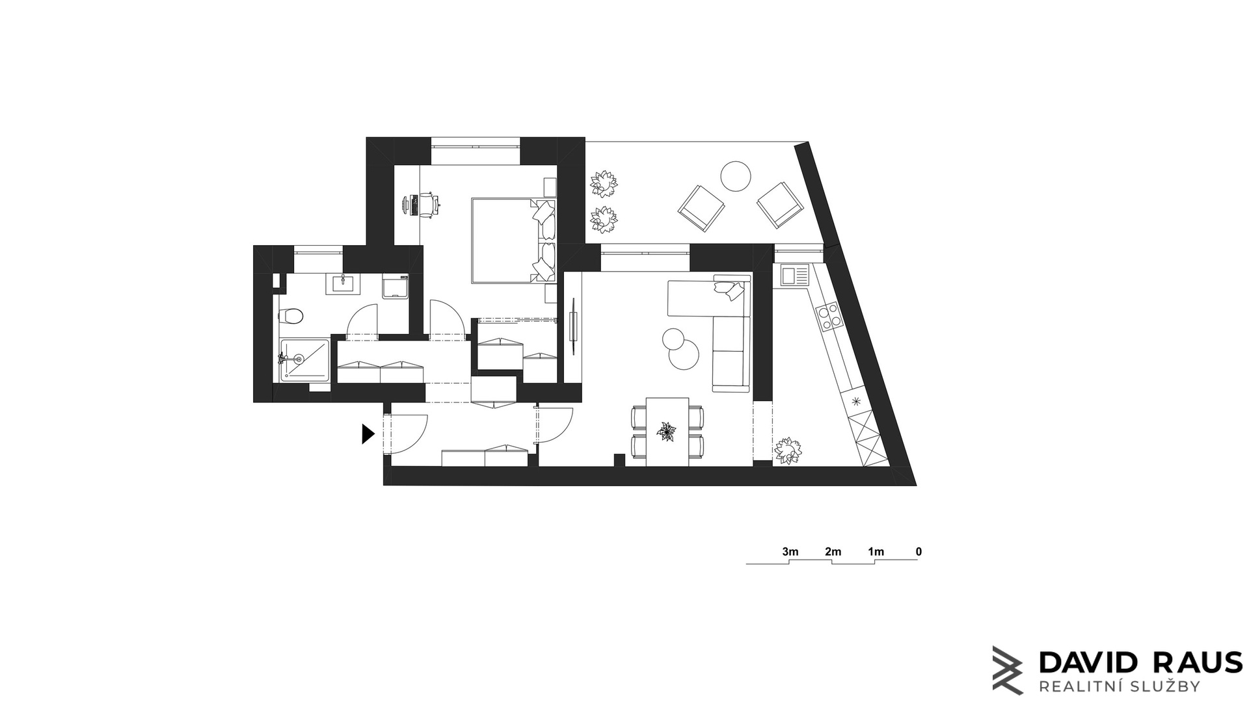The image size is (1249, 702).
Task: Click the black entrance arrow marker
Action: pyautogui.click(x=368, y=434)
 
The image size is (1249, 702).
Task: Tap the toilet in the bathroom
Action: pyautogui.click(x=291, y=317)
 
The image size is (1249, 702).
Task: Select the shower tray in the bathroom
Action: pyautogui.click(x=304, y=359)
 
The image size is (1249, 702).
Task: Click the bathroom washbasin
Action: pyautogui.click(x=342, y=283)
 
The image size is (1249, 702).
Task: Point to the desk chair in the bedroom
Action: pyautogui.click(x=427, y=204)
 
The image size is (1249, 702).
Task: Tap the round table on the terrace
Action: pyautogui.click(x=736, y=176)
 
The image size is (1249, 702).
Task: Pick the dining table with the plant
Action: pyautogui.click(x=667, y=432)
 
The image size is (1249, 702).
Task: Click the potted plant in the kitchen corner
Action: pyautogui.click(x=788, y=450)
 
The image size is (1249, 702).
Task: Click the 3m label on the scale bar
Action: pyautogui.click(x=790, y=552)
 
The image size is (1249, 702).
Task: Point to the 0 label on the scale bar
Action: pyautogui.click(x=919, y=552)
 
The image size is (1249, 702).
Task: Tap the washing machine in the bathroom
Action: pyautogui.click(x=396, y=286)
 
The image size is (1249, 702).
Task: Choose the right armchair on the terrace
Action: pyautogui.click(x=781, y=205)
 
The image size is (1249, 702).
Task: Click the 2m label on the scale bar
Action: pyautogui.click(x=833, y=552)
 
